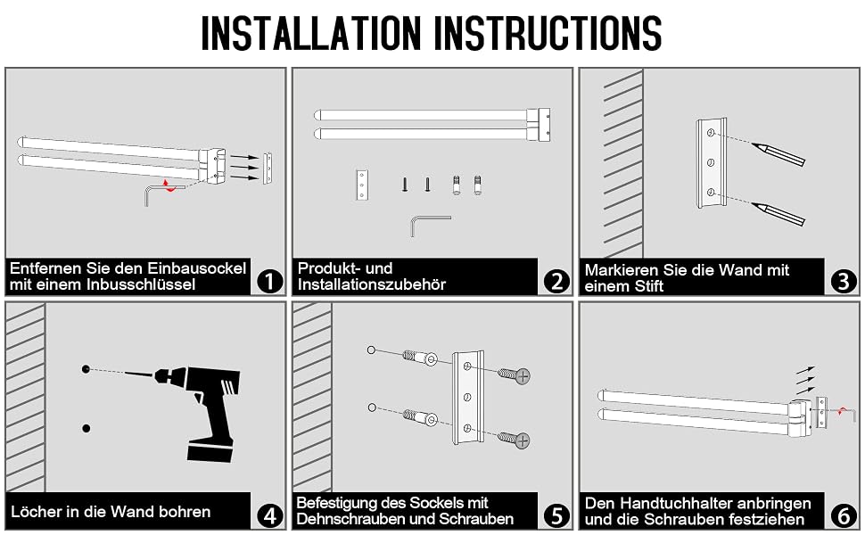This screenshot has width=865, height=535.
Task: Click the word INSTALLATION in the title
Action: (311, 32)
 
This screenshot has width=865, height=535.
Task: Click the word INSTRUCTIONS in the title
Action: (549, 32)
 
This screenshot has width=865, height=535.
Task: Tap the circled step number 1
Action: (269, 281)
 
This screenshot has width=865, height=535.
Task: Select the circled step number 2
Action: (556, 281)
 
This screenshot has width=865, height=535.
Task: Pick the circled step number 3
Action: (844, 281)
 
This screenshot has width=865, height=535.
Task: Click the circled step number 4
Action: (269, 515)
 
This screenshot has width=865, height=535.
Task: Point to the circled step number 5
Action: (556, 515)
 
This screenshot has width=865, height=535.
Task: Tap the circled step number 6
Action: (844, 515)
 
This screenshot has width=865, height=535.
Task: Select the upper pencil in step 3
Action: (778, 154)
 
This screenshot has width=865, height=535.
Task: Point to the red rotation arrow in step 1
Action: (169, 185)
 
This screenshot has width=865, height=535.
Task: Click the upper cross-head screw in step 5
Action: (515, 375)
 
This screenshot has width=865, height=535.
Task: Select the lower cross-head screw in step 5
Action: (515, 439)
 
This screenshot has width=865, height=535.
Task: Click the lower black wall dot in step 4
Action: (86, 428)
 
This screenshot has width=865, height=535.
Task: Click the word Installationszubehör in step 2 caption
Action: (371, 284)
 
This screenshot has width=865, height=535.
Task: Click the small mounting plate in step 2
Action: (362, 185)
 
